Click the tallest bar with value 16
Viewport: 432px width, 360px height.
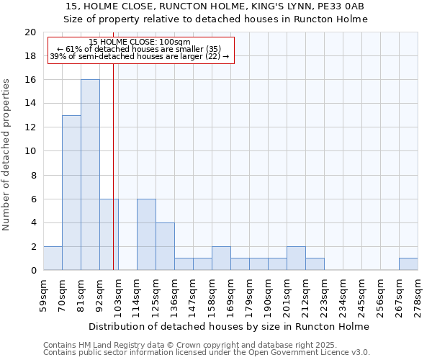90,175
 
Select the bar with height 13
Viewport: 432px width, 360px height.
71,193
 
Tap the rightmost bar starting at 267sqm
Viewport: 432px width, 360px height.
408,264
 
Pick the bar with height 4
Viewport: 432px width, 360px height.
165,246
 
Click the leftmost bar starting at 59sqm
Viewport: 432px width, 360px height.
53,258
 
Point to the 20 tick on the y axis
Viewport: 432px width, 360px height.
30,32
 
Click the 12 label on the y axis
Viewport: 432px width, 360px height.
30,127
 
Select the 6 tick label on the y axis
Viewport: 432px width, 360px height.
33,199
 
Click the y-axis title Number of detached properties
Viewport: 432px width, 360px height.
7,155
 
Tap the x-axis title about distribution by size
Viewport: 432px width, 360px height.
230,326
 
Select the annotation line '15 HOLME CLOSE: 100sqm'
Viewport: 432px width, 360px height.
140,42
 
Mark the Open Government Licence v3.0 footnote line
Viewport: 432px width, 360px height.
207,353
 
